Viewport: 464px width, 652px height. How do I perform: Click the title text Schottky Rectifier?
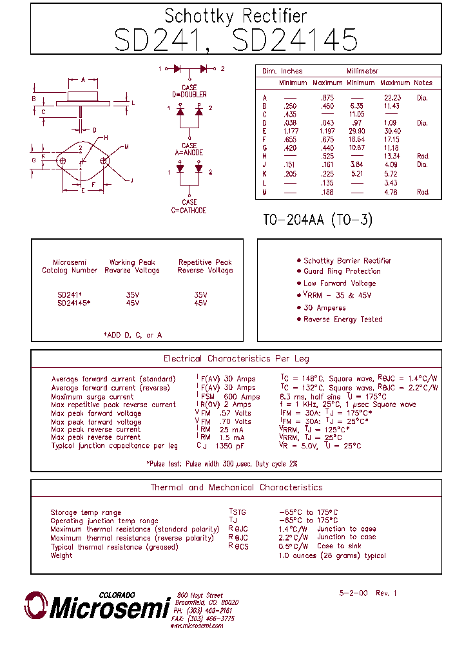point(235,16)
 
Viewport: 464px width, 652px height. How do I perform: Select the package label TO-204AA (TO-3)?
point(318,220)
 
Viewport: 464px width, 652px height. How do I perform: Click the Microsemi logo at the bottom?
point(97,606)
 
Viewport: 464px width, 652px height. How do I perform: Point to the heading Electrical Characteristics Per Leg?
point(236,359)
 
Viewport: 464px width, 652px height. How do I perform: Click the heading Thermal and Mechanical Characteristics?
point(236,488)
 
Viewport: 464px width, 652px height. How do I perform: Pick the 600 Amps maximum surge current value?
point(242,397)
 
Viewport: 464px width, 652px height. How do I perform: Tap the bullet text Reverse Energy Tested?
point(343,320)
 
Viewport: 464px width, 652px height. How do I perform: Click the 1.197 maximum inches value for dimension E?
point(326,131)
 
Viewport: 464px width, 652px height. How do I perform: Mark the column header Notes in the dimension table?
point(423,83)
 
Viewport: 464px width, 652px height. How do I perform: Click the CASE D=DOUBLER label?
point(189,91)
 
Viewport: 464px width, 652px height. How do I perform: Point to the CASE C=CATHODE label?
point(189,207)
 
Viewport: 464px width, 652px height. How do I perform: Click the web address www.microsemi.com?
point(197,626)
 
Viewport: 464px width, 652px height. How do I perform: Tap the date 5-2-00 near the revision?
point(353,593)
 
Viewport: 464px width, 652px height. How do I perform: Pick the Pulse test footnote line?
point(222,464)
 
